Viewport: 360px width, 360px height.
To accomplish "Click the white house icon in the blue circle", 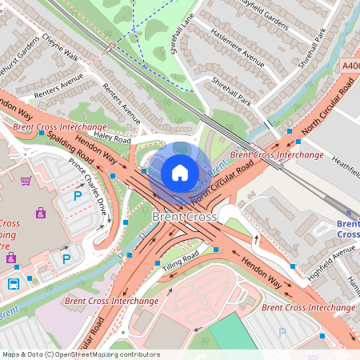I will coord(180,172).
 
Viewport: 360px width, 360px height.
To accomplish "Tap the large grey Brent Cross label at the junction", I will coord(183,217).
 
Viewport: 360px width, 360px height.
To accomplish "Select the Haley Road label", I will coord(112,139).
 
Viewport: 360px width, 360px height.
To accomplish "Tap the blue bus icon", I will coord(14,283).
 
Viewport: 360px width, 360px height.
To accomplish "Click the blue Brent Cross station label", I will coord(347,230).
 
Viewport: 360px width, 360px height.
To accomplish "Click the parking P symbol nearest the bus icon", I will coord(66,258).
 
